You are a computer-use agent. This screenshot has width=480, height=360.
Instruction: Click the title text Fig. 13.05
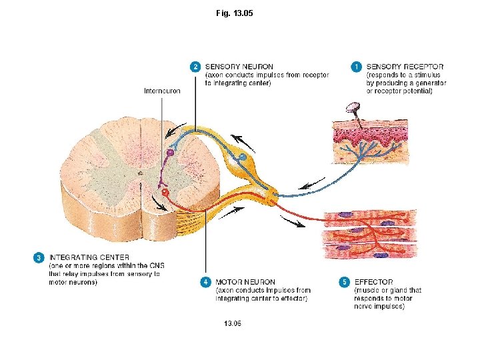[x=235, y=13]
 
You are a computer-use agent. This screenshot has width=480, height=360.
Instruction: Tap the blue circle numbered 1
[x=357, y=67]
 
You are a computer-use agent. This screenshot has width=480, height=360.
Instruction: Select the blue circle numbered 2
[x=195, y=67]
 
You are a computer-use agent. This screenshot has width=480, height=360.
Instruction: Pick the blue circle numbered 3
[x=39, y=257]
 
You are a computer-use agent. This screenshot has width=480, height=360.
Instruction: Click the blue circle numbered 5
[x=344, y=282]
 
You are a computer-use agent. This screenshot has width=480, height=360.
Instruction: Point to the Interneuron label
[x=162, y=91]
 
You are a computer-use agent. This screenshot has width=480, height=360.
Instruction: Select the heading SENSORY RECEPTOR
[x=405, y=67]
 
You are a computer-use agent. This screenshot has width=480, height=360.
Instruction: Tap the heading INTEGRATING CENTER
[x=89, y=257]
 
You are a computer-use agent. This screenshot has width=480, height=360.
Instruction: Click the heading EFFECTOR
[x=373, y=282]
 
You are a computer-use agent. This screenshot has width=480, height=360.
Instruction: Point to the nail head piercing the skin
[x=352, y=107]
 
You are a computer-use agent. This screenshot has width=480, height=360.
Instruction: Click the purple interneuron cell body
[x=170, y=153]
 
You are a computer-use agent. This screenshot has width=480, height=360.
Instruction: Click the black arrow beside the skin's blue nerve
[x=311, y=184]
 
